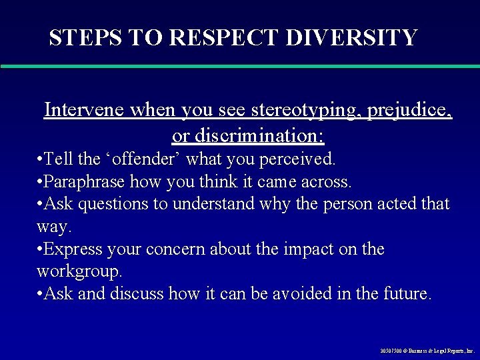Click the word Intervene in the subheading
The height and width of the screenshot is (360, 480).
83,110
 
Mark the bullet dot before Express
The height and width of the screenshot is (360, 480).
41,250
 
